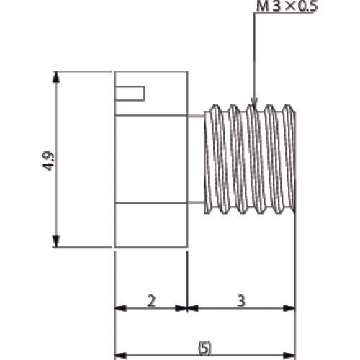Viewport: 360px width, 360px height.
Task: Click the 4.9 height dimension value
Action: pyautogui.click(x=48, y=160)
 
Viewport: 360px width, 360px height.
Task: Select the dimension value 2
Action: pyautogui.click(x=150, y=301)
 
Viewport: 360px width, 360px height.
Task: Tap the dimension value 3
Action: pyautogui.click(x=241, y=301)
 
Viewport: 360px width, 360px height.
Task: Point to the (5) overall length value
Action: pyautogui.click(x=204, y=348)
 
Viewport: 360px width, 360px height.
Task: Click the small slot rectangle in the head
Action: pyautogui.click(x=130, y=93)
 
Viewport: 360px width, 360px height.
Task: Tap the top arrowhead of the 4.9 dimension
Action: pyautogui.click(x=56, y=76)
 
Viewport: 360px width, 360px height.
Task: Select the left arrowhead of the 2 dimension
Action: pyautogui.click(x=120, y=308)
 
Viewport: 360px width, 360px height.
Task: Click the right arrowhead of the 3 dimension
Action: pyautogui.click(x=290, y=308)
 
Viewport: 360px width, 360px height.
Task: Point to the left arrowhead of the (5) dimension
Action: pyautogui.click(x=120, y=355)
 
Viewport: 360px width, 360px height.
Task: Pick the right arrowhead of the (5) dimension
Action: pyautogui.click(x=290, y=355)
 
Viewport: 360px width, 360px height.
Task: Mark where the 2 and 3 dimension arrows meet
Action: pyautogui.click(x=187, y=308)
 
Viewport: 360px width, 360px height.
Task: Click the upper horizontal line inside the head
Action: pyautogui.click(x=150, y=115)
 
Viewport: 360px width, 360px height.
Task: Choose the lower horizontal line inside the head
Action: pyautogui.click(x=150, y=203)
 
